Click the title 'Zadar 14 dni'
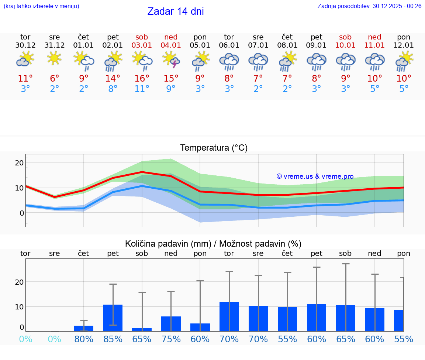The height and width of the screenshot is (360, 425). tap(176, 11)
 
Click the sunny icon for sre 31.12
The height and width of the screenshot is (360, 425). tap(54, 58)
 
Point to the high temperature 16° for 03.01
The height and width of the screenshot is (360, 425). tap(142, 79)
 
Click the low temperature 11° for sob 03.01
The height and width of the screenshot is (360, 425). tap(142, 89)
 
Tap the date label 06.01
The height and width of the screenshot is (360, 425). tap(229, 45)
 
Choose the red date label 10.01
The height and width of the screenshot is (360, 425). tap(346, 45)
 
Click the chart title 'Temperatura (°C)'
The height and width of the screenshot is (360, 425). tap(214, 148)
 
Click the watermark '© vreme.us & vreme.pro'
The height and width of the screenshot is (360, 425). tap(315, 176)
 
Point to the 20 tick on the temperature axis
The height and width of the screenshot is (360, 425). tap(19, 163)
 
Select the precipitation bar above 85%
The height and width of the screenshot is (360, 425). tap(113, 318)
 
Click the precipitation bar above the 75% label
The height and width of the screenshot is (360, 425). tap(171, 323)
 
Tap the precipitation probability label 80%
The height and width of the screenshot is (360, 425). tap(84, 339)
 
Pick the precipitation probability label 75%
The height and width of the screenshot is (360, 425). tap(171, 339)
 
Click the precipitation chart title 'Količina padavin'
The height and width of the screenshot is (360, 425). tap(213, 244)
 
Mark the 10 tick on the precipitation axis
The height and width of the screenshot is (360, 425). tap(19, 307)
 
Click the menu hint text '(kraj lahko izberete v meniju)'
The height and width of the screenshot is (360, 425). tap(41, 6)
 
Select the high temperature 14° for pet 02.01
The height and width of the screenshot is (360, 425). tap(113, 79)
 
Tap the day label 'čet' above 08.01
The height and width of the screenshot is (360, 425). tap(287, 37)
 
